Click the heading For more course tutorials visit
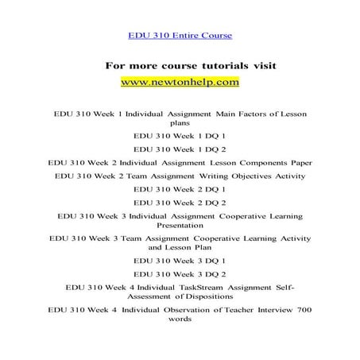(179, 64)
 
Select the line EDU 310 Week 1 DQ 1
(180, 135)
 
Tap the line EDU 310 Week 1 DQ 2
(180, 148)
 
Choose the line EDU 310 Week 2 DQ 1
(180, 188)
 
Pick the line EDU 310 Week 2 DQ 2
(180, 201)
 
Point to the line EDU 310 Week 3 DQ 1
(180, 260)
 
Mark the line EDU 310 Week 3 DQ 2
(180, 273)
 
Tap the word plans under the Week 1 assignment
(180, 123)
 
